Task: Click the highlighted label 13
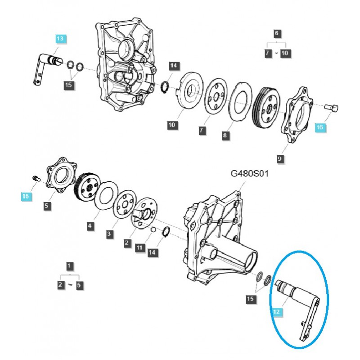(60, 39)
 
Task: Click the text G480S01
(250, 173)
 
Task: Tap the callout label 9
(280, 158)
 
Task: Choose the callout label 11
(139, 248)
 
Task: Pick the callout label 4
(90, 226)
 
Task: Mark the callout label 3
(109, 234)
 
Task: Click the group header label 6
(277, 33)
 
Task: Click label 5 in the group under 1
(80, 285)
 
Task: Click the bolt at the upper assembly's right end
(333, 108)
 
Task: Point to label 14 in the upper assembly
(174, 66)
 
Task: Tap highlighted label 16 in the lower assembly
(26, 196)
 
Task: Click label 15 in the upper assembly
(68, 85)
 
